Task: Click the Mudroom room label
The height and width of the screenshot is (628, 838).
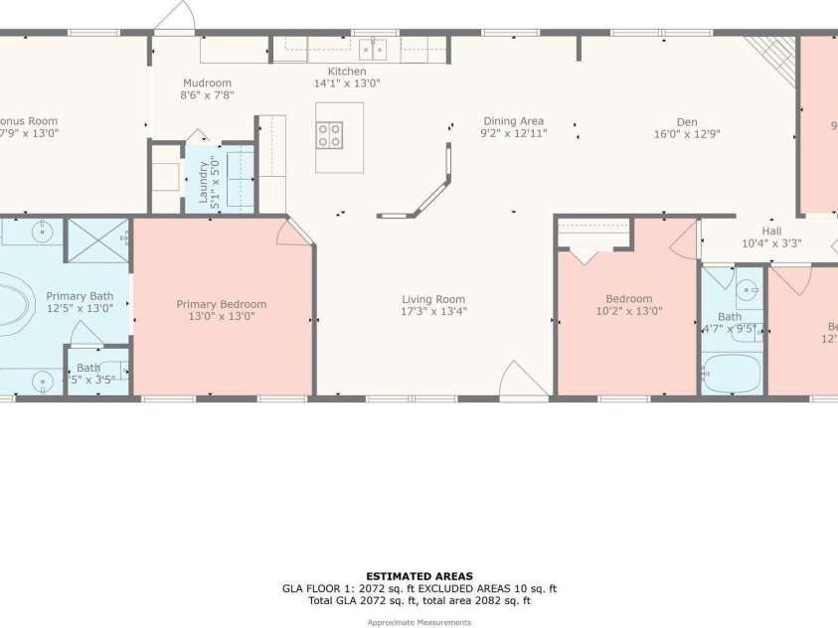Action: (207, 82)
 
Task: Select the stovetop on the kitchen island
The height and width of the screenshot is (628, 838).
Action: (329, 134)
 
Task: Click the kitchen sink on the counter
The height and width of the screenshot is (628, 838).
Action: (372, 49)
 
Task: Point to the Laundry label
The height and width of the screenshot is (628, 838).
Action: (204, 181)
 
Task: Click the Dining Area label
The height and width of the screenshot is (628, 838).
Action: (513, 120)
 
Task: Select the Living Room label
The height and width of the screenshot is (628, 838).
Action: (433, 299)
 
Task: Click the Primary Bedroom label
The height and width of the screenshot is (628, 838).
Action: (222, 304)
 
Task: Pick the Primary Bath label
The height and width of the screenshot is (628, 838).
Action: (80, 296)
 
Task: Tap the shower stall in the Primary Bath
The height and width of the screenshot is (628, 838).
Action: (96, 239)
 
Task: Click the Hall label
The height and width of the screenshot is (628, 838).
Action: (771, 231)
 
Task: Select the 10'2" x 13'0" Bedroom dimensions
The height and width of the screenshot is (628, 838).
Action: (629, 311)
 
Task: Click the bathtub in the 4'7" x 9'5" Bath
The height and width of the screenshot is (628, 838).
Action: (731, 375)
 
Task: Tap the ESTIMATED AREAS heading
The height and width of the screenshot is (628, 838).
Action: (419, 576)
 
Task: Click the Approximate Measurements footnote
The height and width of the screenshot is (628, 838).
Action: (419, 622)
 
